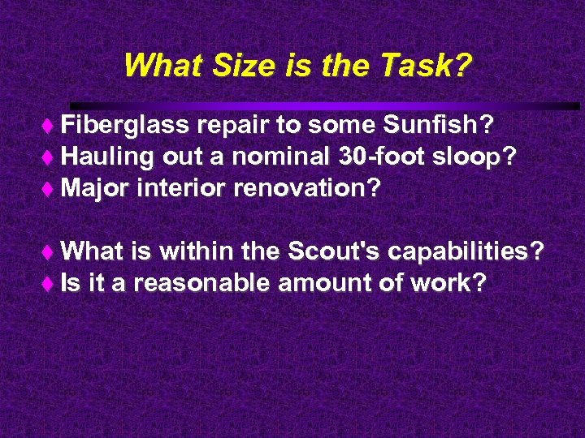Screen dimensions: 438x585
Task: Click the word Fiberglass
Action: click(125, 125)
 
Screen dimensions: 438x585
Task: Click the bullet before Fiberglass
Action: click(53, 126)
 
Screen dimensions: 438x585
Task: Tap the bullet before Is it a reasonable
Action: click(53, 284)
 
